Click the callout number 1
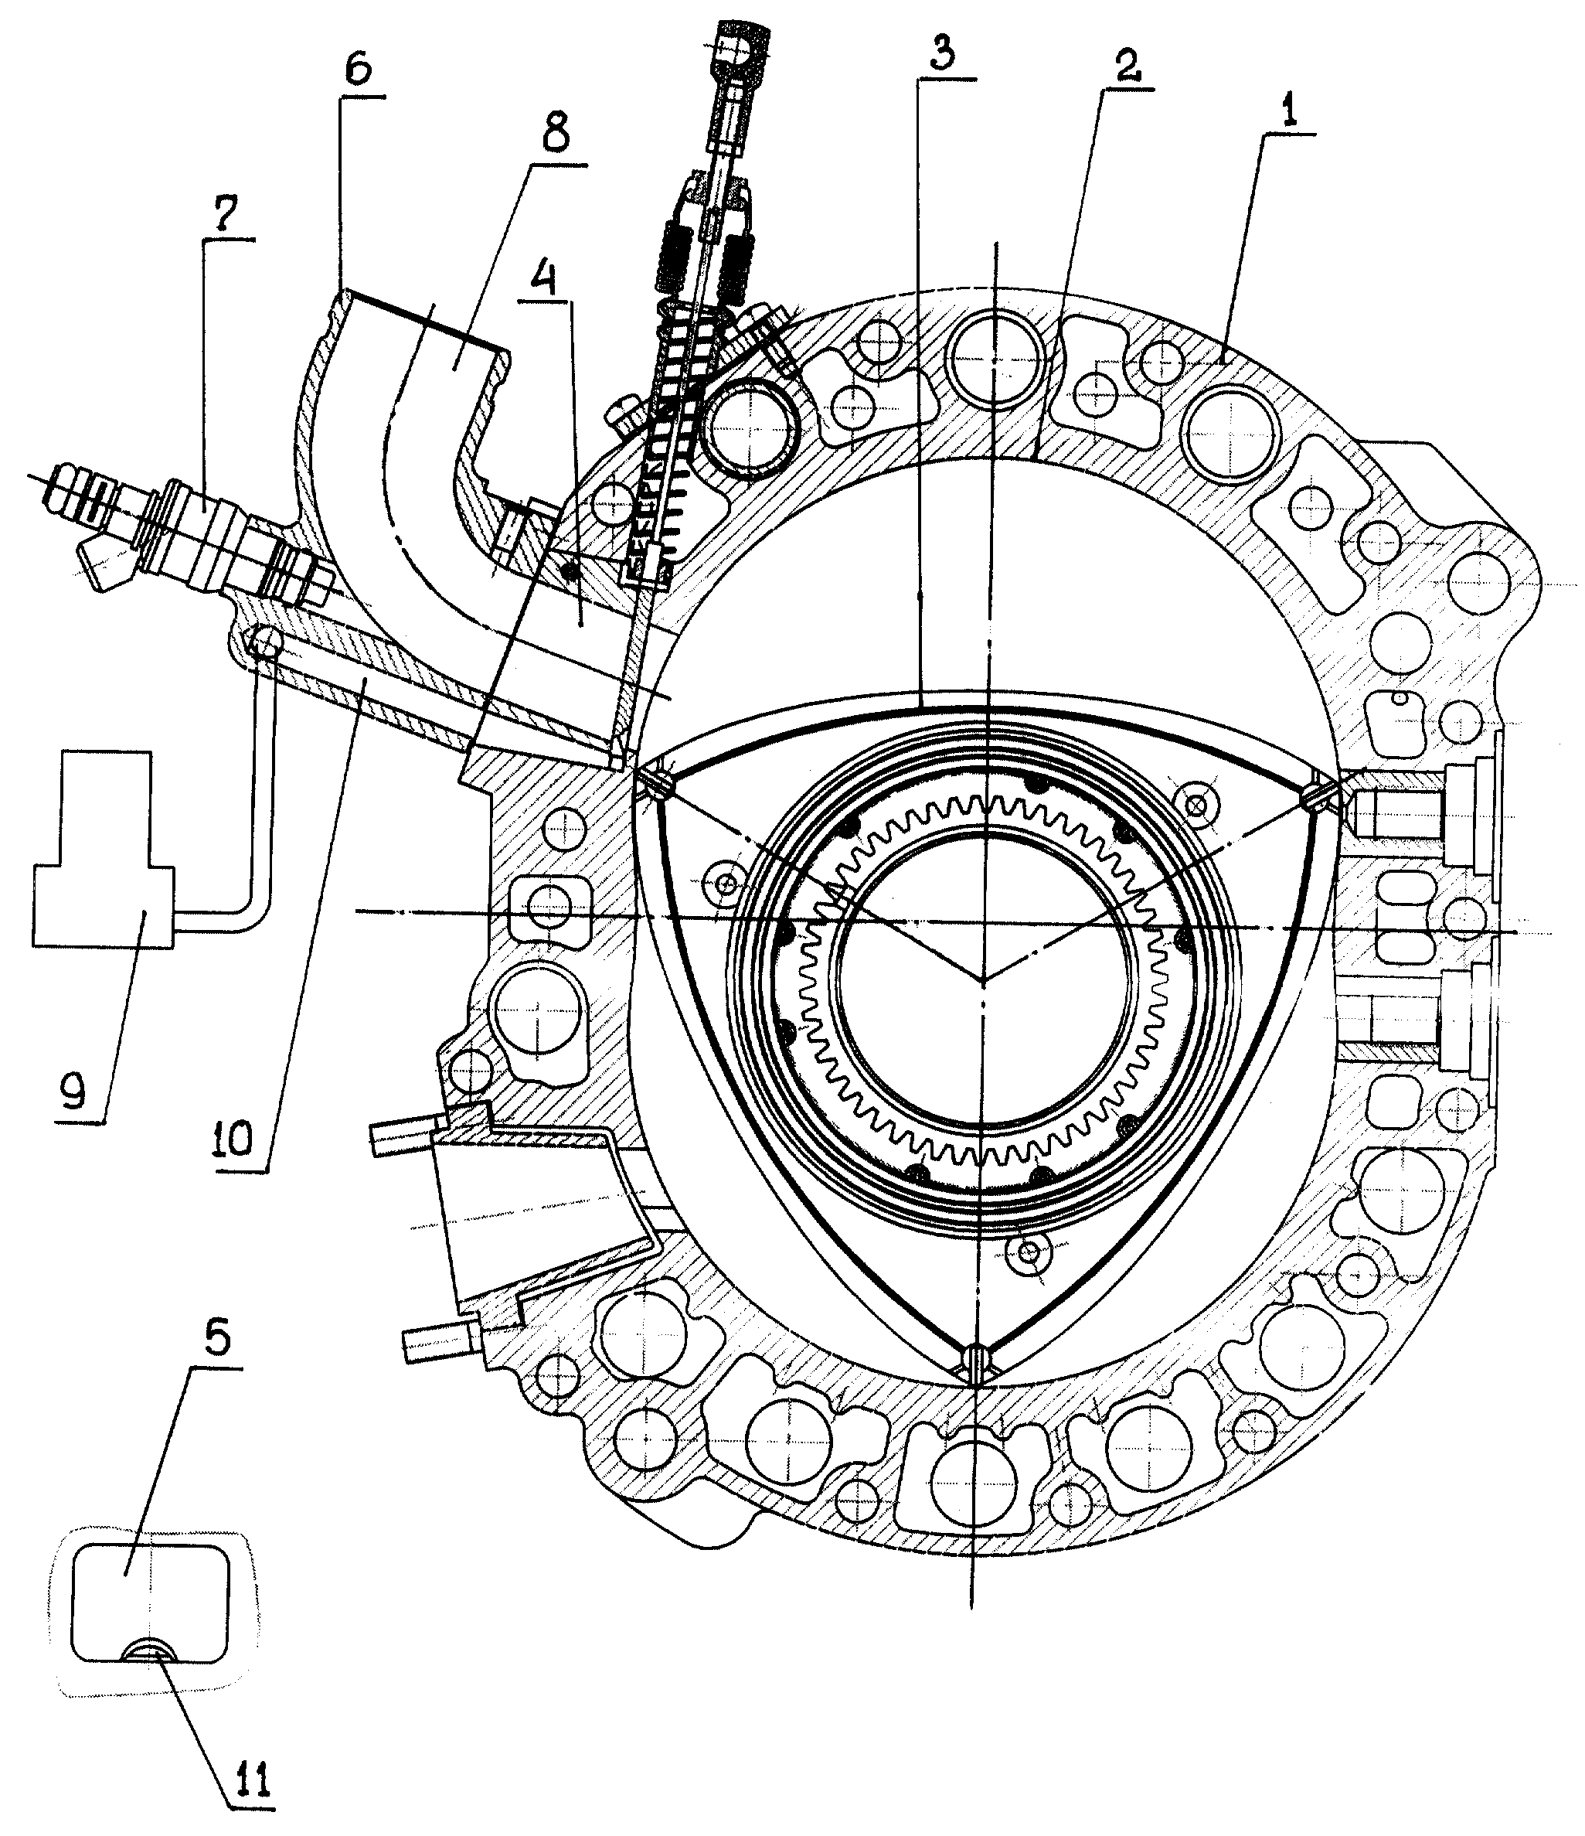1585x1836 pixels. tap(1289, 111)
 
